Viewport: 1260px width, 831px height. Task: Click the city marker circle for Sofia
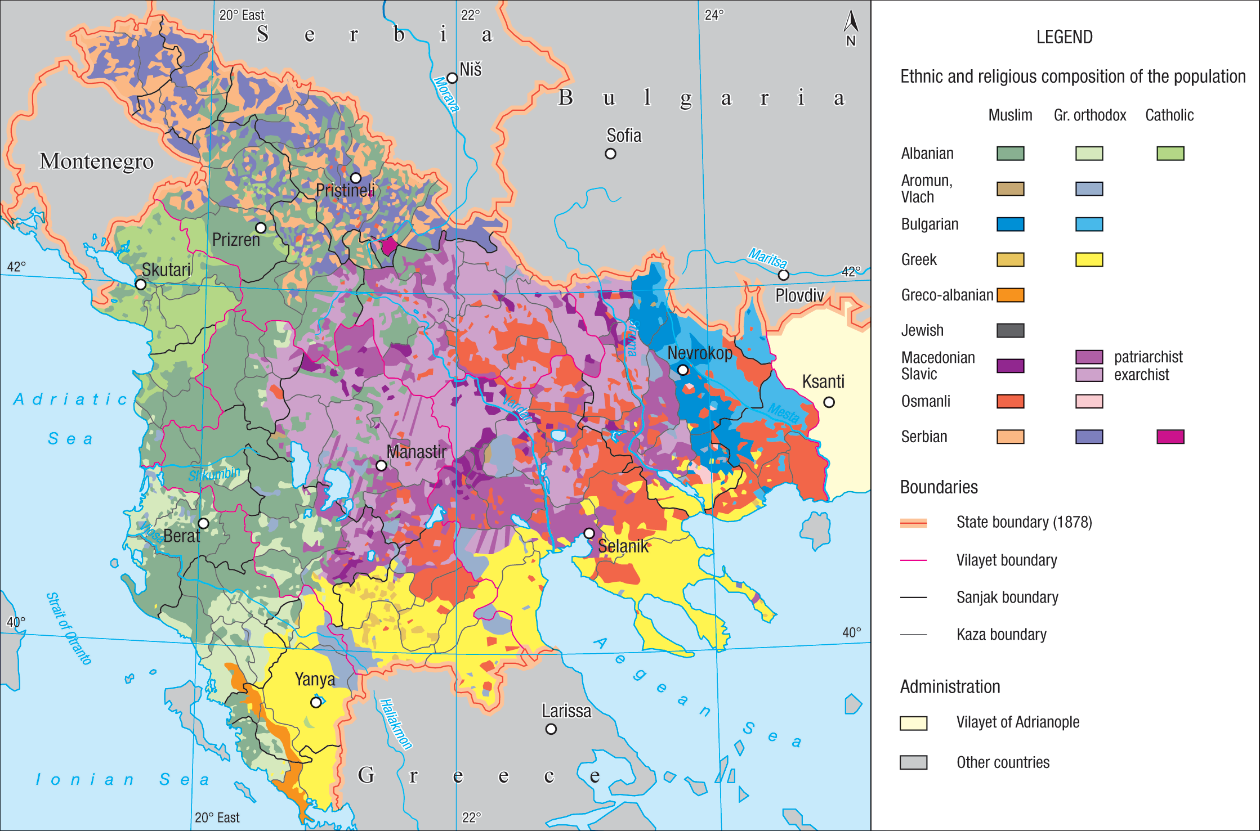[x=610, y=154]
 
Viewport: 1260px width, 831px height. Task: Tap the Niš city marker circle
[x=452, y=78]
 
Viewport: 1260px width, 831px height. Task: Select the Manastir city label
[x=416, y=451]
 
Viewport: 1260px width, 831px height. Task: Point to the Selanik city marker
[x=589, y=533]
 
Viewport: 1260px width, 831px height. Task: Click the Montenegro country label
[x=96, y=161]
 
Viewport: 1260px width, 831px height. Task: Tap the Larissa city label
[x=566, y=711]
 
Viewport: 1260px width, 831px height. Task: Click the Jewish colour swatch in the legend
[x=1010, y=330]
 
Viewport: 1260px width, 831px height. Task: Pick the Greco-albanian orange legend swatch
[x=1010, y=295]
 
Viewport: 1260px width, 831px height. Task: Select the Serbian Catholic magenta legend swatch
[x=1170, y=437]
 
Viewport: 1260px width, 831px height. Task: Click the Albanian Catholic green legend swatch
[x=1170, y=154]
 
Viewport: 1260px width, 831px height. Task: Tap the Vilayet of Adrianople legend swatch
[x=913, y=723]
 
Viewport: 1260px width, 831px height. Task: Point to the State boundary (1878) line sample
[x=913, y=523]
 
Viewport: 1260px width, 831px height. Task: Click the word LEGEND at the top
[x=1064, y=37]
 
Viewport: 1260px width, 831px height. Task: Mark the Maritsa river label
[x=767, y=258]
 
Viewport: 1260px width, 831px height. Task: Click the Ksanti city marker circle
[x=829, y=402]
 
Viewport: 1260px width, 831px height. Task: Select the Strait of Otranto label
[x=69, y=628]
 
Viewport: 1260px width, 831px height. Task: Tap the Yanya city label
[x=315, y=680]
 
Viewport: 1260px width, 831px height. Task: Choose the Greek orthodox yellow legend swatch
[x=1089, y=259]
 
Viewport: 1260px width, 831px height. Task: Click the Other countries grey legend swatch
[x=913, y=762]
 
